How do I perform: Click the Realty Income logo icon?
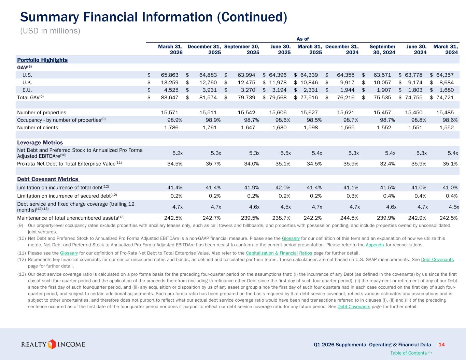tap(52, 344)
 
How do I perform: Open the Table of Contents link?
tap(408, 353)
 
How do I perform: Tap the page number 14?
tap(441, 345)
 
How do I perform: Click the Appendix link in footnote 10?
tap(375, 245)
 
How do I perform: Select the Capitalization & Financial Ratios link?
tap(279, 253)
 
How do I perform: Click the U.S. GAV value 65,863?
tap(170, 75)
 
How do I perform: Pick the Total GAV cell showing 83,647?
tap(170, 98)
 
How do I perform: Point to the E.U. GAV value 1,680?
tap(447, 90)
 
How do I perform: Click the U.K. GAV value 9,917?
tap(347, 83)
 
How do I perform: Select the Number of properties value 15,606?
tap(278, 113)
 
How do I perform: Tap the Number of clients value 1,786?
tap(171, 128)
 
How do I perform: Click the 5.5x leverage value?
tap(285, 153)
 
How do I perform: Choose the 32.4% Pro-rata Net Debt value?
tap(387, 164)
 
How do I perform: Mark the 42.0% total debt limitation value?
tap(283, 187)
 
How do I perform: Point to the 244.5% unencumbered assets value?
tap(349, 218)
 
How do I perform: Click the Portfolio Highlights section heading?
tap(42, 60)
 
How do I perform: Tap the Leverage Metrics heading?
tap(40, 143)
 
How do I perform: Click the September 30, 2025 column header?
tap(242, 49)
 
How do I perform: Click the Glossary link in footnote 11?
tap(69, 253)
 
